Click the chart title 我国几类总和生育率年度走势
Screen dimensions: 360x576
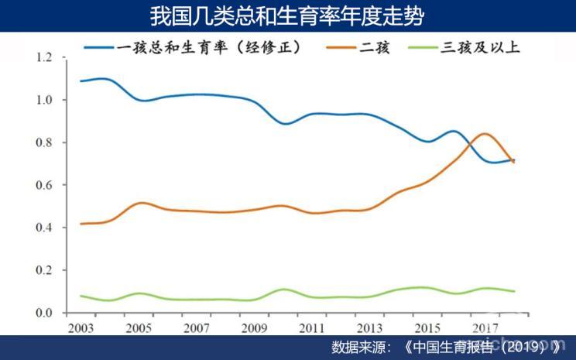click(287, 16)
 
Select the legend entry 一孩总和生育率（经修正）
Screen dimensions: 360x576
click(209, 46)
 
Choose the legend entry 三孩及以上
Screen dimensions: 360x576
click(482, 46)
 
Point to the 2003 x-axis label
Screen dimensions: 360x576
click(81, 327)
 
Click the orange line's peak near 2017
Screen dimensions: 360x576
click(484, 134)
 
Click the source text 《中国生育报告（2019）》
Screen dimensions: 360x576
click(484, 346)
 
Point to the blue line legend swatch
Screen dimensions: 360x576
click(98, 46)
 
